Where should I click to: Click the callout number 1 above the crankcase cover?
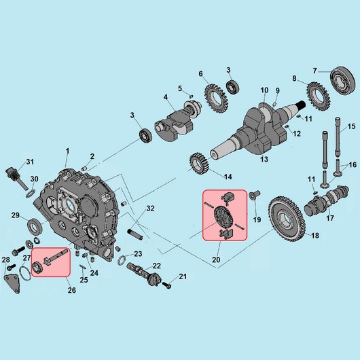67,151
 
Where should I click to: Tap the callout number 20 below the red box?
216,259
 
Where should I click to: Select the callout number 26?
71,290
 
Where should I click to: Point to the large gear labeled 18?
287,219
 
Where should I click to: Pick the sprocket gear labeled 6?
216,98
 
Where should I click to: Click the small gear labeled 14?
199,164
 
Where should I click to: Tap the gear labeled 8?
319,96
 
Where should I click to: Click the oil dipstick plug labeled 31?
15,179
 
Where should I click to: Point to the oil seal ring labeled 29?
35,226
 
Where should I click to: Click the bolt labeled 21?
166,285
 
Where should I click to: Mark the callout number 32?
150,209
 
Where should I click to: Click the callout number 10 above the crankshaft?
264,90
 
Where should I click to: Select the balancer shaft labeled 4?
178,120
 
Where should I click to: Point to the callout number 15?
351,126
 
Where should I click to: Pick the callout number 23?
138,254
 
